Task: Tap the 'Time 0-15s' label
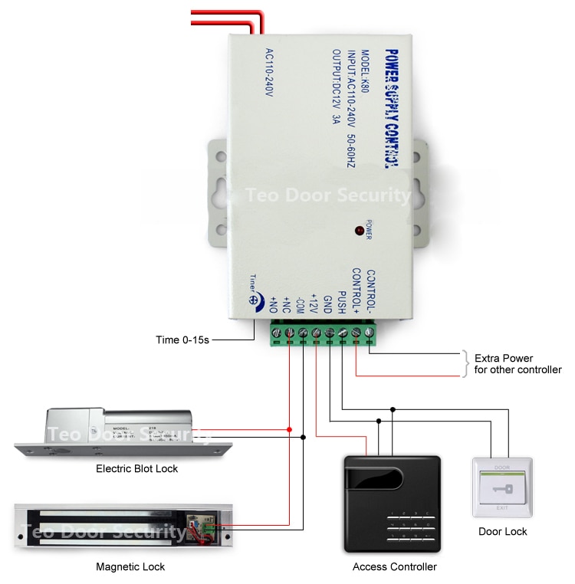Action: coord(182,339)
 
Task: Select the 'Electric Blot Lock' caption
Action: coord(136,468)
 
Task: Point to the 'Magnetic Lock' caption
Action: coord(130,567)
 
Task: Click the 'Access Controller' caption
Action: coord(394,567)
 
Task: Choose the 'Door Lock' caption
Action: coord(502,531)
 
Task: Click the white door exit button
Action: coord(502,488)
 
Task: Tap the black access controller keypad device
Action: coord(393,504)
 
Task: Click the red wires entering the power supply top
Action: coord(222,22)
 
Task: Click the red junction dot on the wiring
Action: coord(289,429)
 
